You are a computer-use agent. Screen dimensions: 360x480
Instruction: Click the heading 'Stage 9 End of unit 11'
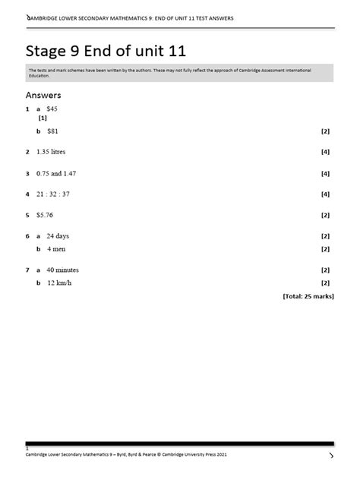point(106,51)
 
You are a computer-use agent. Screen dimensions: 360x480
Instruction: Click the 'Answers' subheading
point(43,95)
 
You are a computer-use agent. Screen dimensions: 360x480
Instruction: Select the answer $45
point(52,109)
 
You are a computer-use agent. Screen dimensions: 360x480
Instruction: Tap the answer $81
point(52,131)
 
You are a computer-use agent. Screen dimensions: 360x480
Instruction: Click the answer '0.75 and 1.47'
point(55,173)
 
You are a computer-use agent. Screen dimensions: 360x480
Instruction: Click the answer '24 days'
point(58,236)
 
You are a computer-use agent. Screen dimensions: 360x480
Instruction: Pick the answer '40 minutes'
point(62,270)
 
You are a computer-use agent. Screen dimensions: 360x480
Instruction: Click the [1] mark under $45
point(43,118)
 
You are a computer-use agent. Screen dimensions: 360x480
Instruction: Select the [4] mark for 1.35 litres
point(325,152)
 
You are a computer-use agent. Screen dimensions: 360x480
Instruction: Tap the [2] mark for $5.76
point(325,215)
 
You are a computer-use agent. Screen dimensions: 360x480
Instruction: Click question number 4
point(27,194)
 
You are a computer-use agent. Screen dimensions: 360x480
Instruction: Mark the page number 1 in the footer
point(27,448)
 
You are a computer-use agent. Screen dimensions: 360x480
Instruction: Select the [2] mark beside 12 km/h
point(325,283)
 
